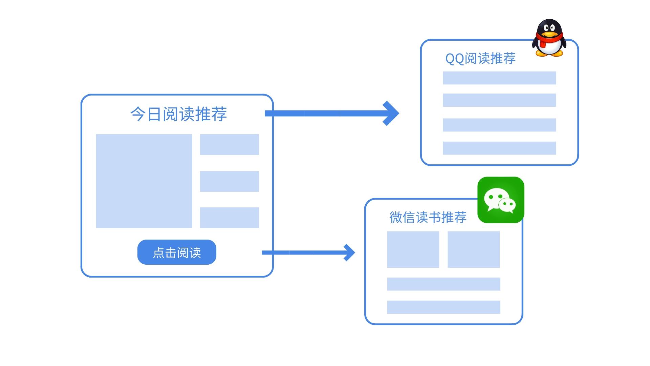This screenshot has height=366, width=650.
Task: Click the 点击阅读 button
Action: click(x=177, y=252)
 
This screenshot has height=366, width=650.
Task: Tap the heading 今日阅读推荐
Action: click(x=178, y=114)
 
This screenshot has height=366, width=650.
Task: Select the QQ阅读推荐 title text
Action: click(x=480, y=58)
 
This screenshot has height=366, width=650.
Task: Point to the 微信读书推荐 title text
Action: click(x=428, y=217)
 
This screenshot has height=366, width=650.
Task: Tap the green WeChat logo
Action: click(x=500, y=200)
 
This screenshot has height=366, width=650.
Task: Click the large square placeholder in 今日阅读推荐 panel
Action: click(x=144, y=181)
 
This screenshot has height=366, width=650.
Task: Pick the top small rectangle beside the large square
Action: click(x=229, y=144)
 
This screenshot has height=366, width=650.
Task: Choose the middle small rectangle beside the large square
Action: click(x=229, y=181)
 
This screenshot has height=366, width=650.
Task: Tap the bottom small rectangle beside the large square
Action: click(x=229, y=218)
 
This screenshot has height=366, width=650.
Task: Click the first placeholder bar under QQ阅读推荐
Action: click(x=499, y=78)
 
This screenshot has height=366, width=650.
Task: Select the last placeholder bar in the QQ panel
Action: click(x=499, y=148)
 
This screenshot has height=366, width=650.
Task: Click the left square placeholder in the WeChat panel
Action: click(x=413, y=249)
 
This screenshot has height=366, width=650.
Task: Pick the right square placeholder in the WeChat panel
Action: click(x=473, y=249)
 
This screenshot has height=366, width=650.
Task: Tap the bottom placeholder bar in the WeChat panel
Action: click(x=443, y=307)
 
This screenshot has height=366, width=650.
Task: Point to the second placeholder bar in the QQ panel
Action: click(x=499, y=100)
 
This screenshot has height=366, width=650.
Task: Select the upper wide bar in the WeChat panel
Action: click(x=443, y=284)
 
